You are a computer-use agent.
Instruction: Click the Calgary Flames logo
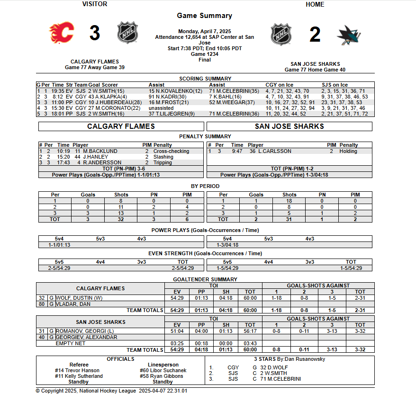62,34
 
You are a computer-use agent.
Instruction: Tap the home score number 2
315,35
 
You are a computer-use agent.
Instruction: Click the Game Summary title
205,16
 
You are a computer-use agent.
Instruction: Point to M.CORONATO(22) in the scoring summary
115,108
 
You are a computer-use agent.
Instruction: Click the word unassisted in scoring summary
161,108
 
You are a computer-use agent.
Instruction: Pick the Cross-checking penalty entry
171,151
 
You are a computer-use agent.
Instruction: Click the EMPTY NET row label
71,343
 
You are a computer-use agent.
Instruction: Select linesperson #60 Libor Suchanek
163,370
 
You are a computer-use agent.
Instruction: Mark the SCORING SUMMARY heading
205,79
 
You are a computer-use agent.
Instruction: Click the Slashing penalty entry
163,157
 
